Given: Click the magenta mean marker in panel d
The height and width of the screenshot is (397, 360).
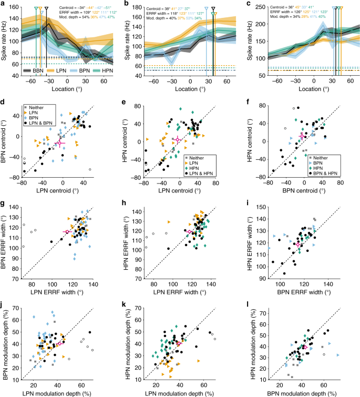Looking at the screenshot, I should pyautogui.click(x=59, y=142).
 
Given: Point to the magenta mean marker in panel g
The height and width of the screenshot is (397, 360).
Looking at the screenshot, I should pyautogui.click(x=67, y=231).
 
